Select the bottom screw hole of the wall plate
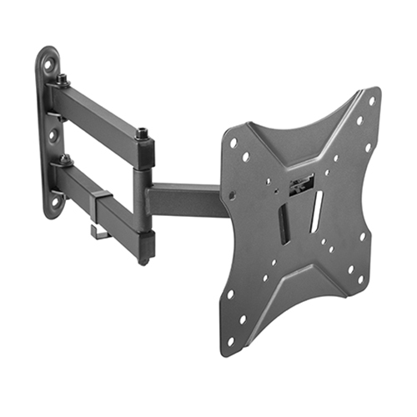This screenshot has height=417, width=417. [x=55, y=200]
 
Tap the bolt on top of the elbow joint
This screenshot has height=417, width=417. [x=143, y=133]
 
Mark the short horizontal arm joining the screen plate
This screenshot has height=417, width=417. [x=183, y=200]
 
